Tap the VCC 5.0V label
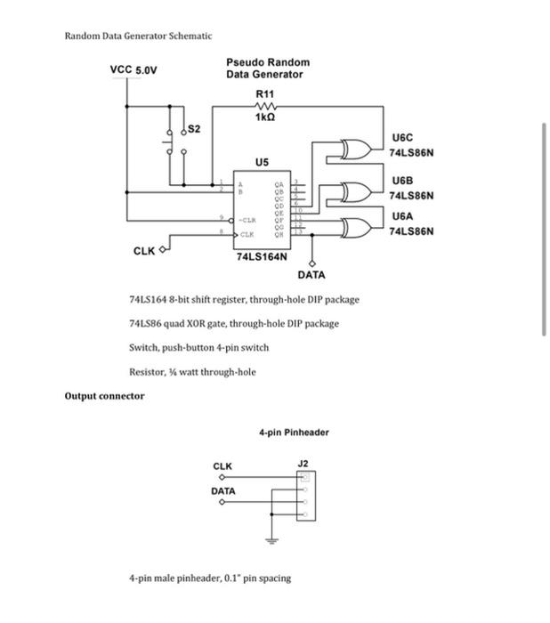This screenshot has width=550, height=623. [133, 69]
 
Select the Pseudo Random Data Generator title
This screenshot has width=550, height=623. [267, 69]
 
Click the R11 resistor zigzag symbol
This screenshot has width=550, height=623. [264, 106]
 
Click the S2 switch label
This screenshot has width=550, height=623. [193, 130]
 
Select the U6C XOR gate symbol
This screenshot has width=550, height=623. [354, 147]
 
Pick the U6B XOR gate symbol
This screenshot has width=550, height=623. [354, 191]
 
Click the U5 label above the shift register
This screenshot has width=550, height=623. [261, 163]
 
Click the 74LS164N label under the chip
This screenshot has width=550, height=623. [262, 256]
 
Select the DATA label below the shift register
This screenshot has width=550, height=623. [311, 275]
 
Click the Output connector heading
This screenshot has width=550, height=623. [104, 395]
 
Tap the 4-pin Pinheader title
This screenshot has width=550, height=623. [294, 433]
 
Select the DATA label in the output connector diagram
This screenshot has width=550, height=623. [222, 491]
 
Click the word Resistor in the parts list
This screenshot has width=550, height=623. [147, 371]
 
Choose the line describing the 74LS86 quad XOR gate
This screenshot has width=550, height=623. [233, 323]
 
